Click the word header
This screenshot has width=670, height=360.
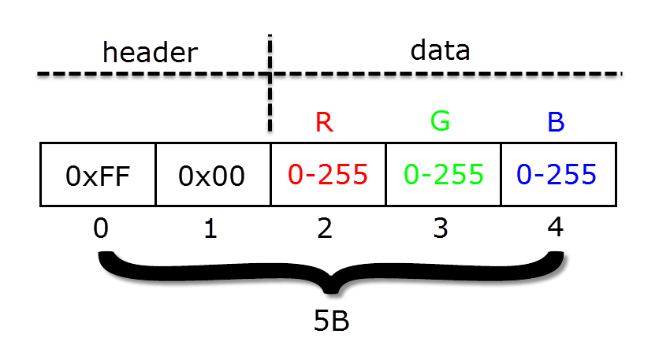(150, 52)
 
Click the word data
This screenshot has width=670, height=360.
(440, 50)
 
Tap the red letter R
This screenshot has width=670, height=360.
(324, 122)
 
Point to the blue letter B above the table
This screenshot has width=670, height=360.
(556, 122)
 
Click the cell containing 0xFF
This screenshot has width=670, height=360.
(98, 175)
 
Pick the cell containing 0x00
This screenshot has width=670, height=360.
(214, 175)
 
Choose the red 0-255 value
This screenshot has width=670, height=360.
(328, 174)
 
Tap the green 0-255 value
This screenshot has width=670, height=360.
(444, 174)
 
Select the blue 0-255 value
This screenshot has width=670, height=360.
(556, 174)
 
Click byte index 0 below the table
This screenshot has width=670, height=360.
(101, 228)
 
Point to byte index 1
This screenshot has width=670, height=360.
(210, 228)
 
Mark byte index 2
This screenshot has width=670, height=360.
(325, 228)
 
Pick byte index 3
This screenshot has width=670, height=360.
(441, 228)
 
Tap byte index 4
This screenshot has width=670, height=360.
(555, 227)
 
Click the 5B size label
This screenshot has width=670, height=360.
(331, 321)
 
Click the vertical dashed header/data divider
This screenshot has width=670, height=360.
(270, 84)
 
